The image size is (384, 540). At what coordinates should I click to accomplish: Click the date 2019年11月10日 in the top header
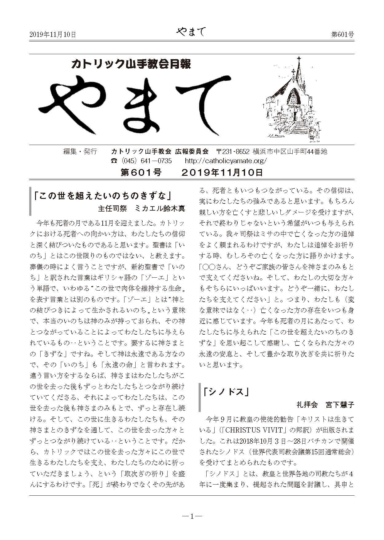[x=53, y=34]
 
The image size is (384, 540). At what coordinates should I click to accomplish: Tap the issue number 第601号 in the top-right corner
[x=342, y=34]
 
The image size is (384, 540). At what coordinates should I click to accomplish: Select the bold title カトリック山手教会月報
[x=131, y=64]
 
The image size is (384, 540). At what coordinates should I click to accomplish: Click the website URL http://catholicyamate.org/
[x=226, y=161]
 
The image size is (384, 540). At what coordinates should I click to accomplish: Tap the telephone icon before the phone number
[x=114, y=161]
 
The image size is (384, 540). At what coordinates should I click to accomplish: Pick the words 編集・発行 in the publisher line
[x=80, y=151]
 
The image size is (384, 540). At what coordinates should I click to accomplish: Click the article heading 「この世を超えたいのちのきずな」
[x=103, y=196]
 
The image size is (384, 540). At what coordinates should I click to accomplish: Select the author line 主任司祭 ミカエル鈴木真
[x=141, y=208]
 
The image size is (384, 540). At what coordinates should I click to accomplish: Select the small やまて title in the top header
[x=191, y=32]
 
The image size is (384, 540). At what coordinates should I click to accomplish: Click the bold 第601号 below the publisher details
[x=141, y=172]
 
